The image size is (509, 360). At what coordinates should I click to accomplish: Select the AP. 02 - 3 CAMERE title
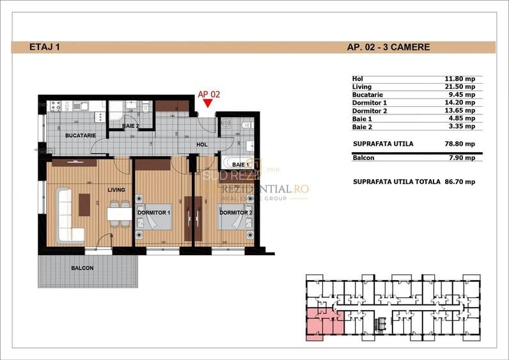[x=388, y=47]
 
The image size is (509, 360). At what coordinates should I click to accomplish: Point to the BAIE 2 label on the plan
[x=130, y=127]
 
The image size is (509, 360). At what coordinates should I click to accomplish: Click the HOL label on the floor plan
[x=201, y=145]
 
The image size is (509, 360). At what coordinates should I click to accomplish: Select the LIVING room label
[x=116, y=190]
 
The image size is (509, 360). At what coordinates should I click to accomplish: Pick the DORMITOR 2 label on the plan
[x=235, y=212]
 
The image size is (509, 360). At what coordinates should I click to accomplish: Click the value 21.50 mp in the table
[x=460, y=86]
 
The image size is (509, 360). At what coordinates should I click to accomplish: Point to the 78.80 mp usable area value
[x=460, y=144]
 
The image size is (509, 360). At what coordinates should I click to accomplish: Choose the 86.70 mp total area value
[x=460, y=182]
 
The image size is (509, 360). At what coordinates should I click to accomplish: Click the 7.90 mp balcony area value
[x=462, y=158]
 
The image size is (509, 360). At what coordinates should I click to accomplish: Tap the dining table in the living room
[x=117, y=214]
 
